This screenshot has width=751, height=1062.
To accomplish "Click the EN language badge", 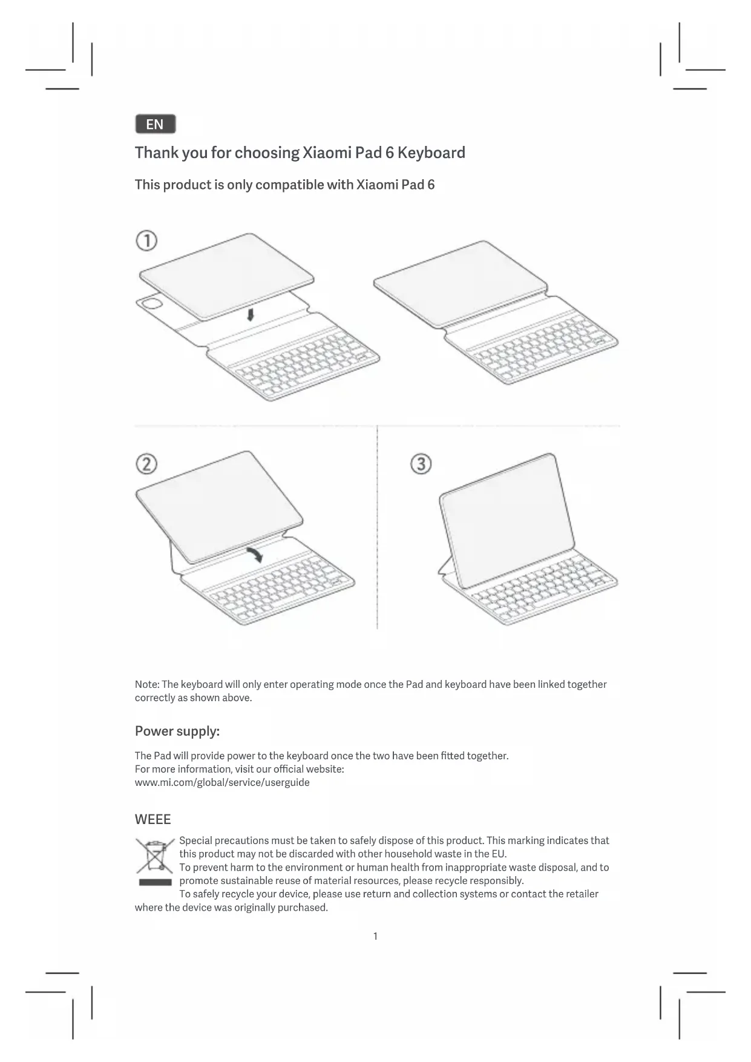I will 155,124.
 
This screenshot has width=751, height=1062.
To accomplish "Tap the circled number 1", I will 146,241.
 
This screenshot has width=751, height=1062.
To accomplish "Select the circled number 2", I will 146,464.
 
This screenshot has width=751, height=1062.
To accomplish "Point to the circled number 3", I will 421,464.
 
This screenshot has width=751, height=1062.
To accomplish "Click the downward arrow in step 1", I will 251,314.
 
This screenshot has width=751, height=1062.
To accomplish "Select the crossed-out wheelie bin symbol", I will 155,855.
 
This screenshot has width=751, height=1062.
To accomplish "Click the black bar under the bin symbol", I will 155,882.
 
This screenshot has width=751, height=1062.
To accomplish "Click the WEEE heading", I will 152,819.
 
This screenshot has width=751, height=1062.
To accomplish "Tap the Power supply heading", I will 177,731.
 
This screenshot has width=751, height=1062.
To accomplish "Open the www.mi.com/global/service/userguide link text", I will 222,782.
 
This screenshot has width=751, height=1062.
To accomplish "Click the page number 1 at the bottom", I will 375,936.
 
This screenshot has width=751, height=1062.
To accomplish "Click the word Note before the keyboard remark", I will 146,684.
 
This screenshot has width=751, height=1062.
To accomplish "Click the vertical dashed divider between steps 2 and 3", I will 377,527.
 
